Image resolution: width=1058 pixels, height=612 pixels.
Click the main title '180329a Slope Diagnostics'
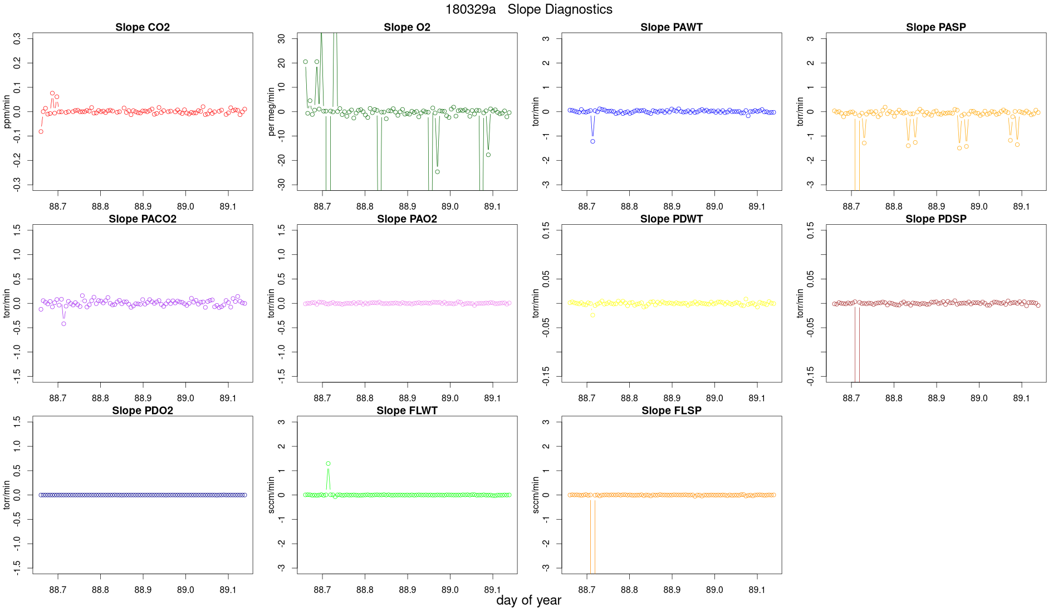click(528, 9)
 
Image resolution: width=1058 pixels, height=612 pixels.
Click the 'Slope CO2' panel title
click(143, 27)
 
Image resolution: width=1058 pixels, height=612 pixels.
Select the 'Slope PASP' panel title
click(935, 27)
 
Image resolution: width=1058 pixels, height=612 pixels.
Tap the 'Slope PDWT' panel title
click(671, 219)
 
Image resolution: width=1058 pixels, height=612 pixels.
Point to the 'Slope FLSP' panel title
click(671, 411)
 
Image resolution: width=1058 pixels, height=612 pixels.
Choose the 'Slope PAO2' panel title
click(407, 219)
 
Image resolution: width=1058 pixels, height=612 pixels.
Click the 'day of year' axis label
click(528, 600)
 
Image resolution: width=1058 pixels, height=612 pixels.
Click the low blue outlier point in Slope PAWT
click(592, 141)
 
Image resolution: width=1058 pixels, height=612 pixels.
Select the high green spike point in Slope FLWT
click(328, 463)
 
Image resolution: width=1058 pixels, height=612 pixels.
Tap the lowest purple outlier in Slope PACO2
click(63, 324)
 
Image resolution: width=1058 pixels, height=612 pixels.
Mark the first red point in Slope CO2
click(41, 132)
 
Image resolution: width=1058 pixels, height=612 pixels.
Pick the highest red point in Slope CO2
click(52, 93)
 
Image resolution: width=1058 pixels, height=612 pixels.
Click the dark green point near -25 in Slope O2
click(437, 172)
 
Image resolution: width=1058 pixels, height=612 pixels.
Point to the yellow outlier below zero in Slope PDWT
click(592, 315)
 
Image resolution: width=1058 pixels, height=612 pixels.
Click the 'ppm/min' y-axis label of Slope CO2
click(7, 112)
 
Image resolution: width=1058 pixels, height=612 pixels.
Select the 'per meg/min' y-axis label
click(272, 112)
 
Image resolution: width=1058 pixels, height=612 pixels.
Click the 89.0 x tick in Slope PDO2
click(185, 590)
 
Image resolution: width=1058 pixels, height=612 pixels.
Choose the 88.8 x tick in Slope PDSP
click(894, 398)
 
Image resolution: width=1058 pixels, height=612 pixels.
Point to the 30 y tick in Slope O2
click(282, 39)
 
